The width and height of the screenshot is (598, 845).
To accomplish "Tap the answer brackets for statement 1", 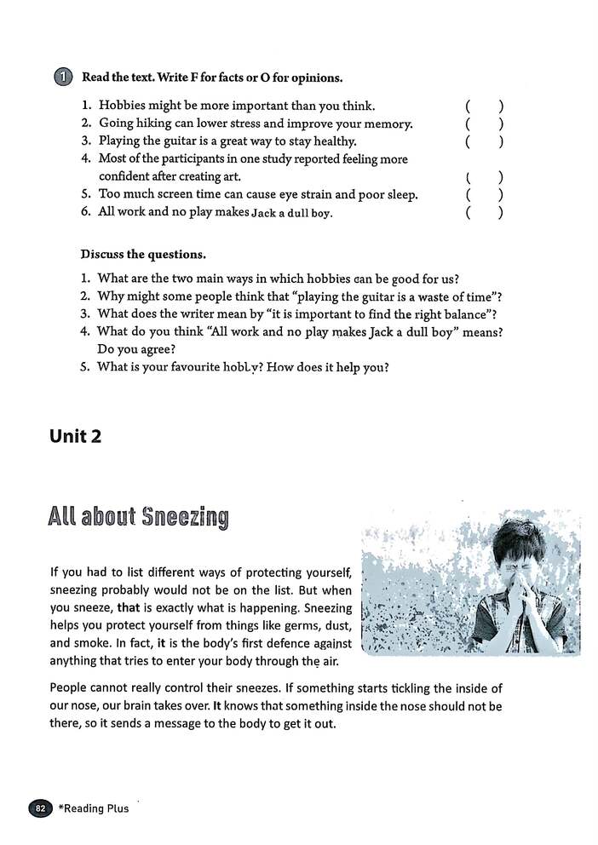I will coord(484,106).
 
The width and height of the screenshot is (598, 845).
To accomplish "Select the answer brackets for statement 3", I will coord(484,141).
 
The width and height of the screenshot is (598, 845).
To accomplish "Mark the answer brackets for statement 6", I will coord(484,213).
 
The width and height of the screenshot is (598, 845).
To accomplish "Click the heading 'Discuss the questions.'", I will coord(143,255).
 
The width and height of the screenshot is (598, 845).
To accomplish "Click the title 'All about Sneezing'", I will coord(138,517).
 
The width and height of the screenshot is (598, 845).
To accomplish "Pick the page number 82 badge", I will coord(40,808).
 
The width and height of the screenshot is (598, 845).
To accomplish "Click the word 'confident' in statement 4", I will coord(127,176).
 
